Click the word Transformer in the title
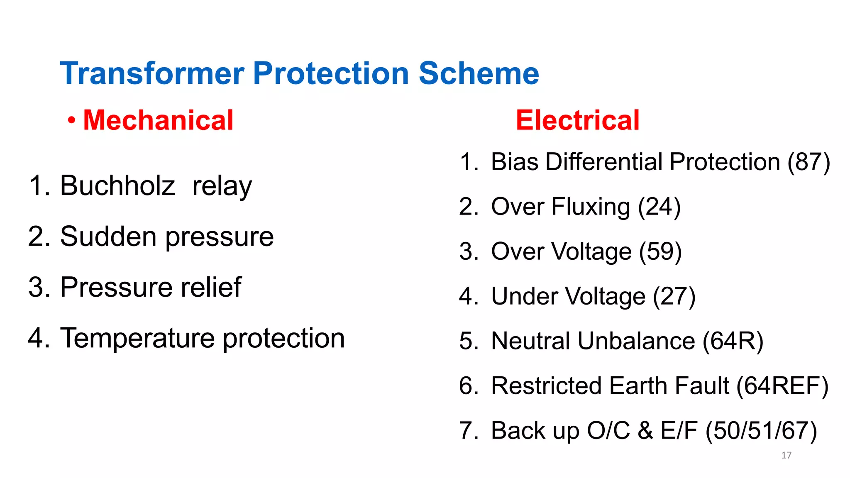click(152, 73)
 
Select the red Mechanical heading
click(158, 120)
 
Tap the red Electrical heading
click(577, 120)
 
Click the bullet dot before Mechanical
click(72, 121)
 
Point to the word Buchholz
click(117, 185)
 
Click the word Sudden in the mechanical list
click(109, 237)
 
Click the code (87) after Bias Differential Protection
click(808, 162)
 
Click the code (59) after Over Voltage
click(660, 251)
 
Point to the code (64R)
click(733, 341)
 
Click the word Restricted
click(546, 386)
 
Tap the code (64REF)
click(782, 386)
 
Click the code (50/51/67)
click(761, 431)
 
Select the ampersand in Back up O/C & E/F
click(645, 431)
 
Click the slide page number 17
click(786, 455)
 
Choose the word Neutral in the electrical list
click(530, 341)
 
